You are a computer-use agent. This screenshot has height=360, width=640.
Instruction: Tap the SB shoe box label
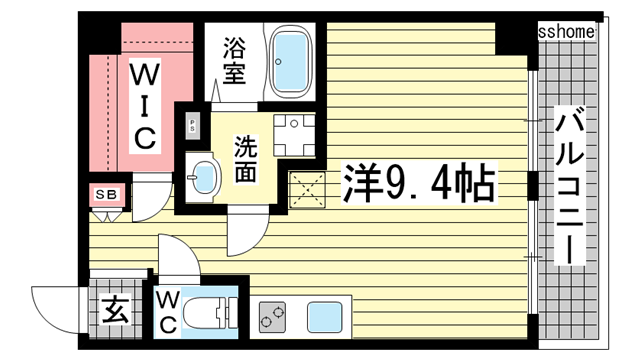point(106,194)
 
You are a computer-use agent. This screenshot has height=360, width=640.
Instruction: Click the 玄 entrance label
point(114,310)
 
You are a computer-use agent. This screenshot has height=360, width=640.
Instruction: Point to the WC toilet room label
point(167,310)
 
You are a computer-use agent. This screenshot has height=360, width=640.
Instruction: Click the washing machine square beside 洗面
point(295,135)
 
